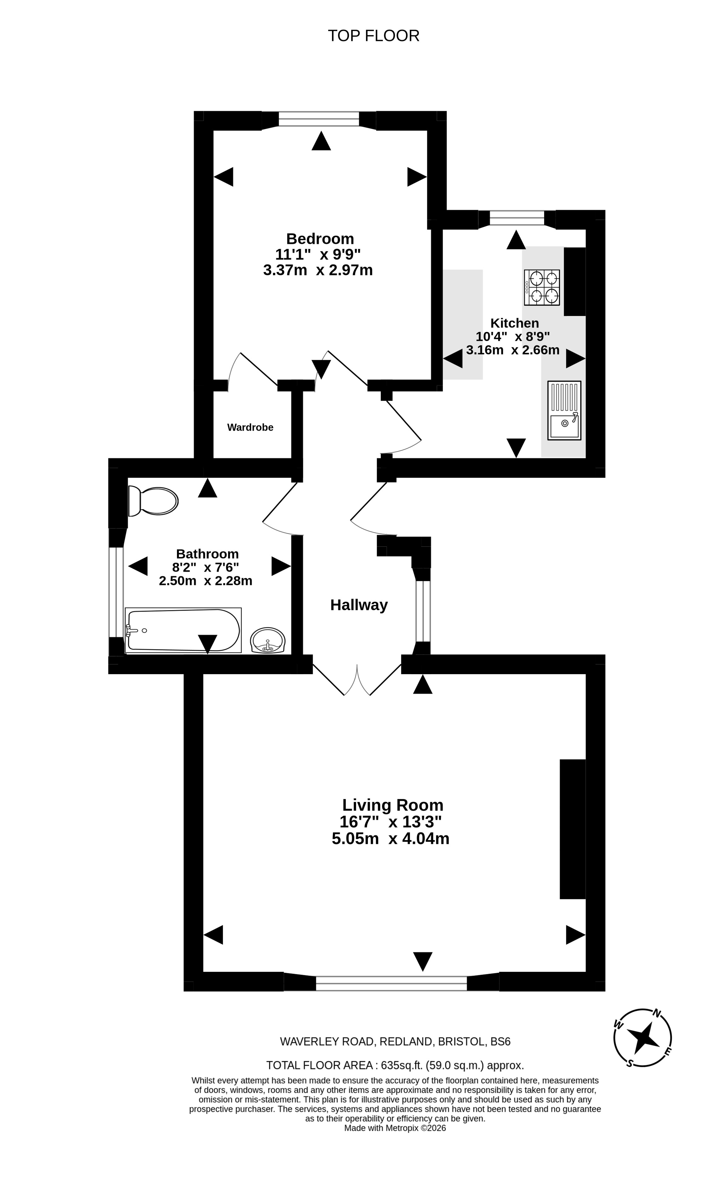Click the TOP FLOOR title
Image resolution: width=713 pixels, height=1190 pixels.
coord(373,36)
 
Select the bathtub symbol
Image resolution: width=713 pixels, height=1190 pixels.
coord(183,630)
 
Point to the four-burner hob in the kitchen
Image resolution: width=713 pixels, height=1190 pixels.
coord(541,287)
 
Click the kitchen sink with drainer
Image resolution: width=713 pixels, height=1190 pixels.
coord(564,410)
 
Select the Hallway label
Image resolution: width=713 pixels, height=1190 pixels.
coord(359,605)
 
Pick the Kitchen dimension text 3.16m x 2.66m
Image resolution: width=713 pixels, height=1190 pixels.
coord(513,350)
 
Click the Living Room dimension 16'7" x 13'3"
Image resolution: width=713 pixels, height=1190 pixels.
coord(391,822)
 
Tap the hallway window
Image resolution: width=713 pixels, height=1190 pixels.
coord(423,611)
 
